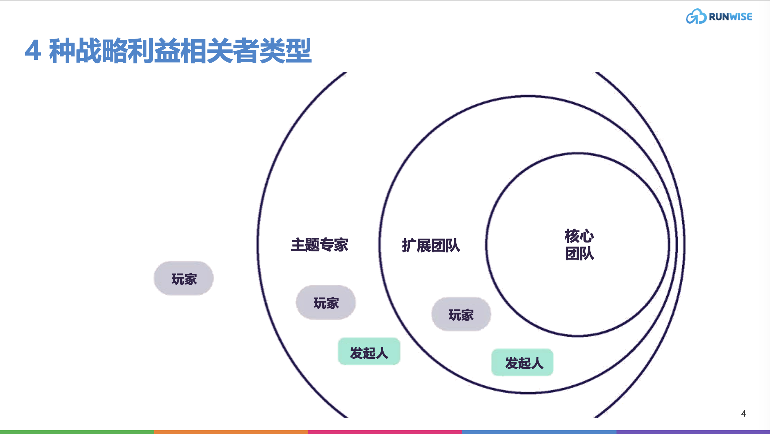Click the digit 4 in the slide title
(33, 51)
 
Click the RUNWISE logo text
(730, 17)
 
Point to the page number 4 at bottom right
(744, 413)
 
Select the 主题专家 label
(319, 245)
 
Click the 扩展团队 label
(431, 246)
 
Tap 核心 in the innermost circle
(579, 236)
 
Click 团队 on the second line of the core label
(579, 253)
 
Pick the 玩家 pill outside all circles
(184, 279)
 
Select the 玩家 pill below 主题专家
(326, 303)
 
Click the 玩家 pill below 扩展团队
(461, 314)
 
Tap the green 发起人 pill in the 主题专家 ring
(369, 352)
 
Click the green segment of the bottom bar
(77, 432)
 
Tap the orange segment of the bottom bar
(231, 432)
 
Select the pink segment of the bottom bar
(385, 432)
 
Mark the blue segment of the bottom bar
(539, 432)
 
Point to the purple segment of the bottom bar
(693, 432)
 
